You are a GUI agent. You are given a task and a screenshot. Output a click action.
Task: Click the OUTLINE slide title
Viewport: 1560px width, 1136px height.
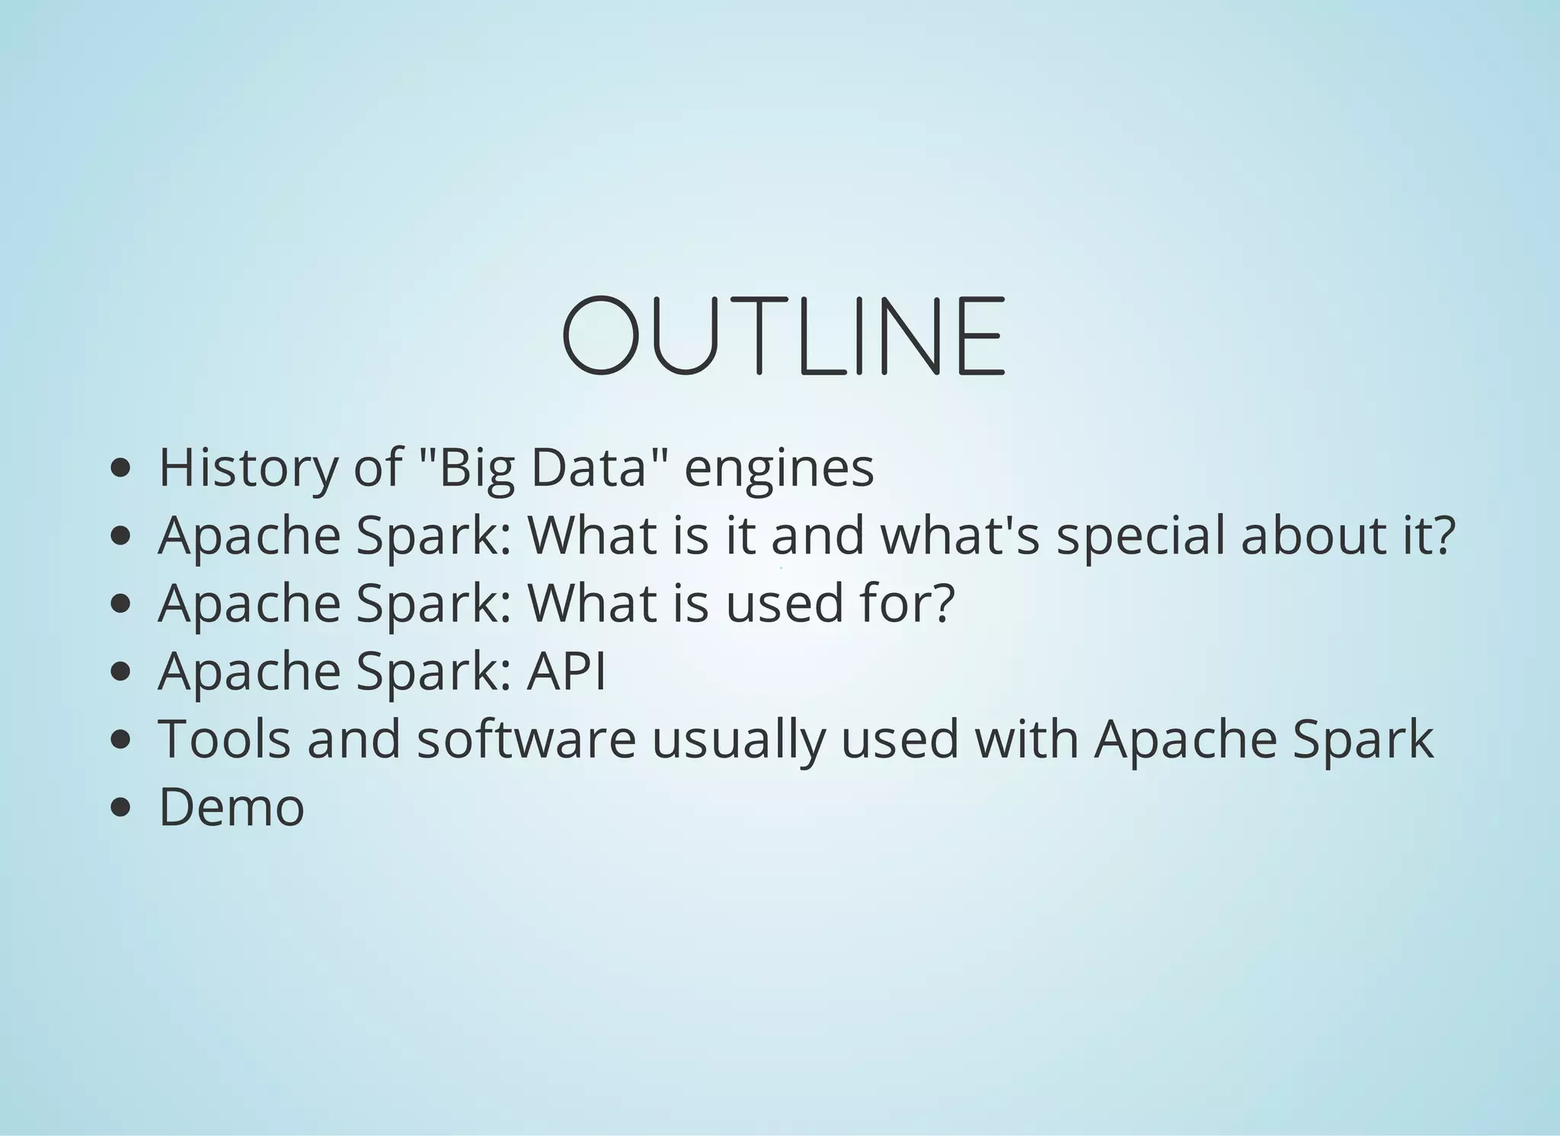click(x=784, y=337)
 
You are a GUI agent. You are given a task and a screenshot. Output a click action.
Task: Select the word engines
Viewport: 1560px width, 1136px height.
click(x=779, y=469)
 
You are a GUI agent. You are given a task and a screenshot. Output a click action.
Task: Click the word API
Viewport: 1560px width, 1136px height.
click(x=566, y=671)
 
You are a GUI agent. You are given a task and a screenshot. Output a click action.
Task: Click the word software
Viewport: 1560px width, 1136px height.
click(x=526, y=739)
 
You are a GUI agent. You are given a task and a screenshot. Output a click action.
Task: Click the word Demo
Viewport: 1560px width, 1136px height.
click(x=232, y=807)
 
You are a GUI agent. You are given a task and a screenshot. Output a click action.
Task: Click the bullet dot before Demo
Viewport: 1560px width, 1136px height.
click(x=120, y=808)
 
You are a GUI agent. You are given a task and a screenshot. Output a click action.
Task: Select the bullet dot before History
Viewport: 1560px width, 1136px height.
click(x=120, y=468)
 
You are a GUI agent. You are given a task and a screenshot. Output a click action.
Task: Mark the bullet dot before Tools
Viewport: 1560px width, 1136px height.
click(x=120, y=739)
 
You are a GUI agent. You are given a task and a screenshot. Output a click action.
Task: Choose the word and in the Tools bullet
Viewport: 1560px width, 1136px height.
click(x=354, y=739)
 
